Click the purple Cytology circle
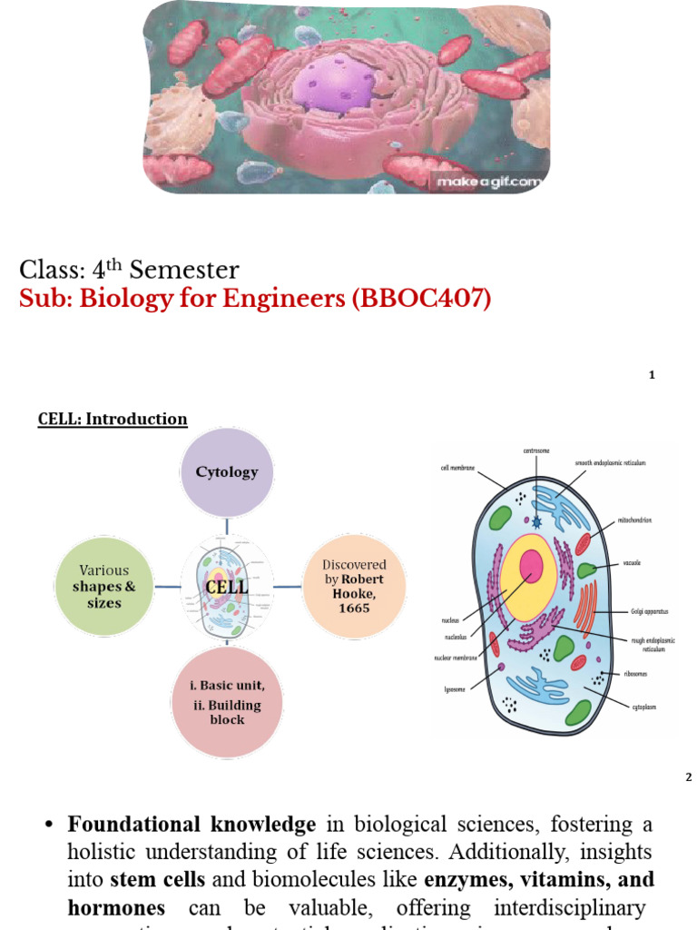coord(227,472)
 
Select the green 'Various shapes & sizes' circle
coord(104,587)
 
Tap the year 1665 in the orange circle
coord(354,608)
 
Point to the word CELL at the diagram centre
coord(227,587)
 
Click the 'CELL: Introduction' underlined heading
coord(113,419)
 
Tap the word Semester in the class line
coord(184,270)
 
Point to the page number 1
coord(652,375)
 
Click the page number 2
coord(688,777)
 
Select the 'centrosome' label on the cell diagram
coord(536,451)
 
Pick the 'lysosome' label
coord(455,688)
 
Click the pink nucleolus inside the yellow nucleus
coord(531,566)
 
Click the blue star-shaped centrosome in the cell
coord(537,521)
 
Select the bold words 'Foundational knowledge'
coord(191,825)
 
